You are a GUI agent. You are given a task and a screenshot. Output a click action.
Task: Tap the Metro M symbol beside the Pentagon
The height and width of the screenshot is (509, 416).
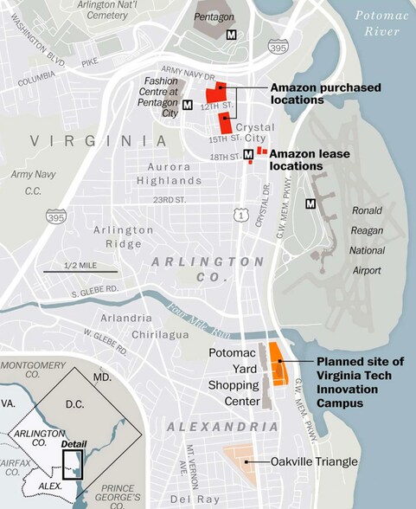click(231, 34)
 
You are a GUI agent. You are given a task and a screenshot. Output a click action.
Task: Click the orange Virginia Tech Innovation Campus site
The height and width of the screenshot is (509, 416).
click(278, 364)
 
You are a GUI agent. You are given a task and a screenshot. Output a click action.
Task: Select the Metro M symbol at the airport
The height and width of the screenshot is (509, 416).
click(310, 203)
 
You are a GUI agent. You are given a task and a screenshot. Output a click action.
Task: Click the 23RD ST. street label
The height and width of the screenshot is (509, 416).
click(170, 200)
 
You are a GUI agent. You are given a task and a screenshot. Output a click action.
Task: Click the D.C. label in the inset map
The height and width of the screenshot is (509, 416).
click(79, 404)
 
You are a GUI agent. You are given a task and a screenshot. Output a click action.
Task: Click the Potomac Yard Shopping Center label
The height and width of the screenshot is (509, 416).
click(234, 377)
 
